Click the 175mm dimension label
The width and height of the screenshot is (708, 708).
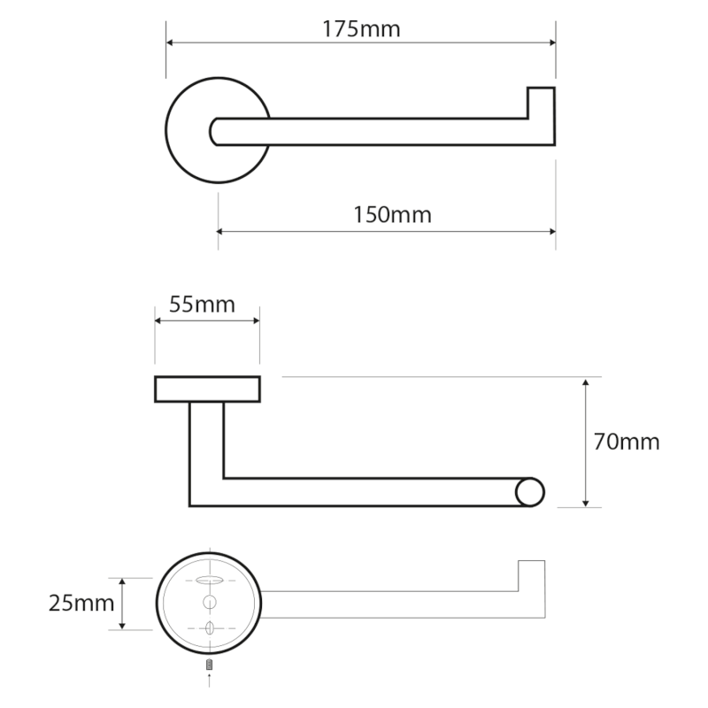[x=361, y=29]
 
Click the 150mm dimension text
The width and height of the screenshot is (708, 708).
[x=387, y=214]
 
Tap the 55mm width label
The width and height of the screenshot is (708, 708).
[x=202, y=305]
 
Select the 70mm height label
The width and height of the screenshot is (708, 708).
[x=627, y=442]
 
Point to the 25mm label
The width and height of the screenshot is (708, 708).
[x=81, y=604]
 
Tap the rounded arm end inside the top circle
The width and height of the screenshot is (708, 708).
[x=216, y=131]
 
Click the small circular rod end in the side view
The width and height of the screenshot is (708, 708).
[x=530, y=492]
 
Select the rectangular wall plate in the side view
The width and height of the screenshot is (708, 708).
[x=208, y=389]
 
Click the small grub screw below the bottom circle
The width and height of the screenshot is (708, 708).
[x=210, y=664]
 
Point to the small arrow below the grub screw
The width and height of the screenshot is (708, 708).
[x=210, y=679]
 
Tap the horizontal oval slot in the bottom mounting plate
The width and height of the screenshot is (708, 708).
[x=209, y=580]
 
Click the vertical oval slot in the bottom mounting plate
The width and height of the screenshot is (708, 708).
[x=210, y=628]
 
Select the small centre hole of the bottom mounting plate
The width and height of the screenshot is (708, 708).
[x=210, y=603]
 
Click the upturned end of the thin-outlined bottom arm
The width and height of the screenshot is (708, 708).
[x=531, y=575]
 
